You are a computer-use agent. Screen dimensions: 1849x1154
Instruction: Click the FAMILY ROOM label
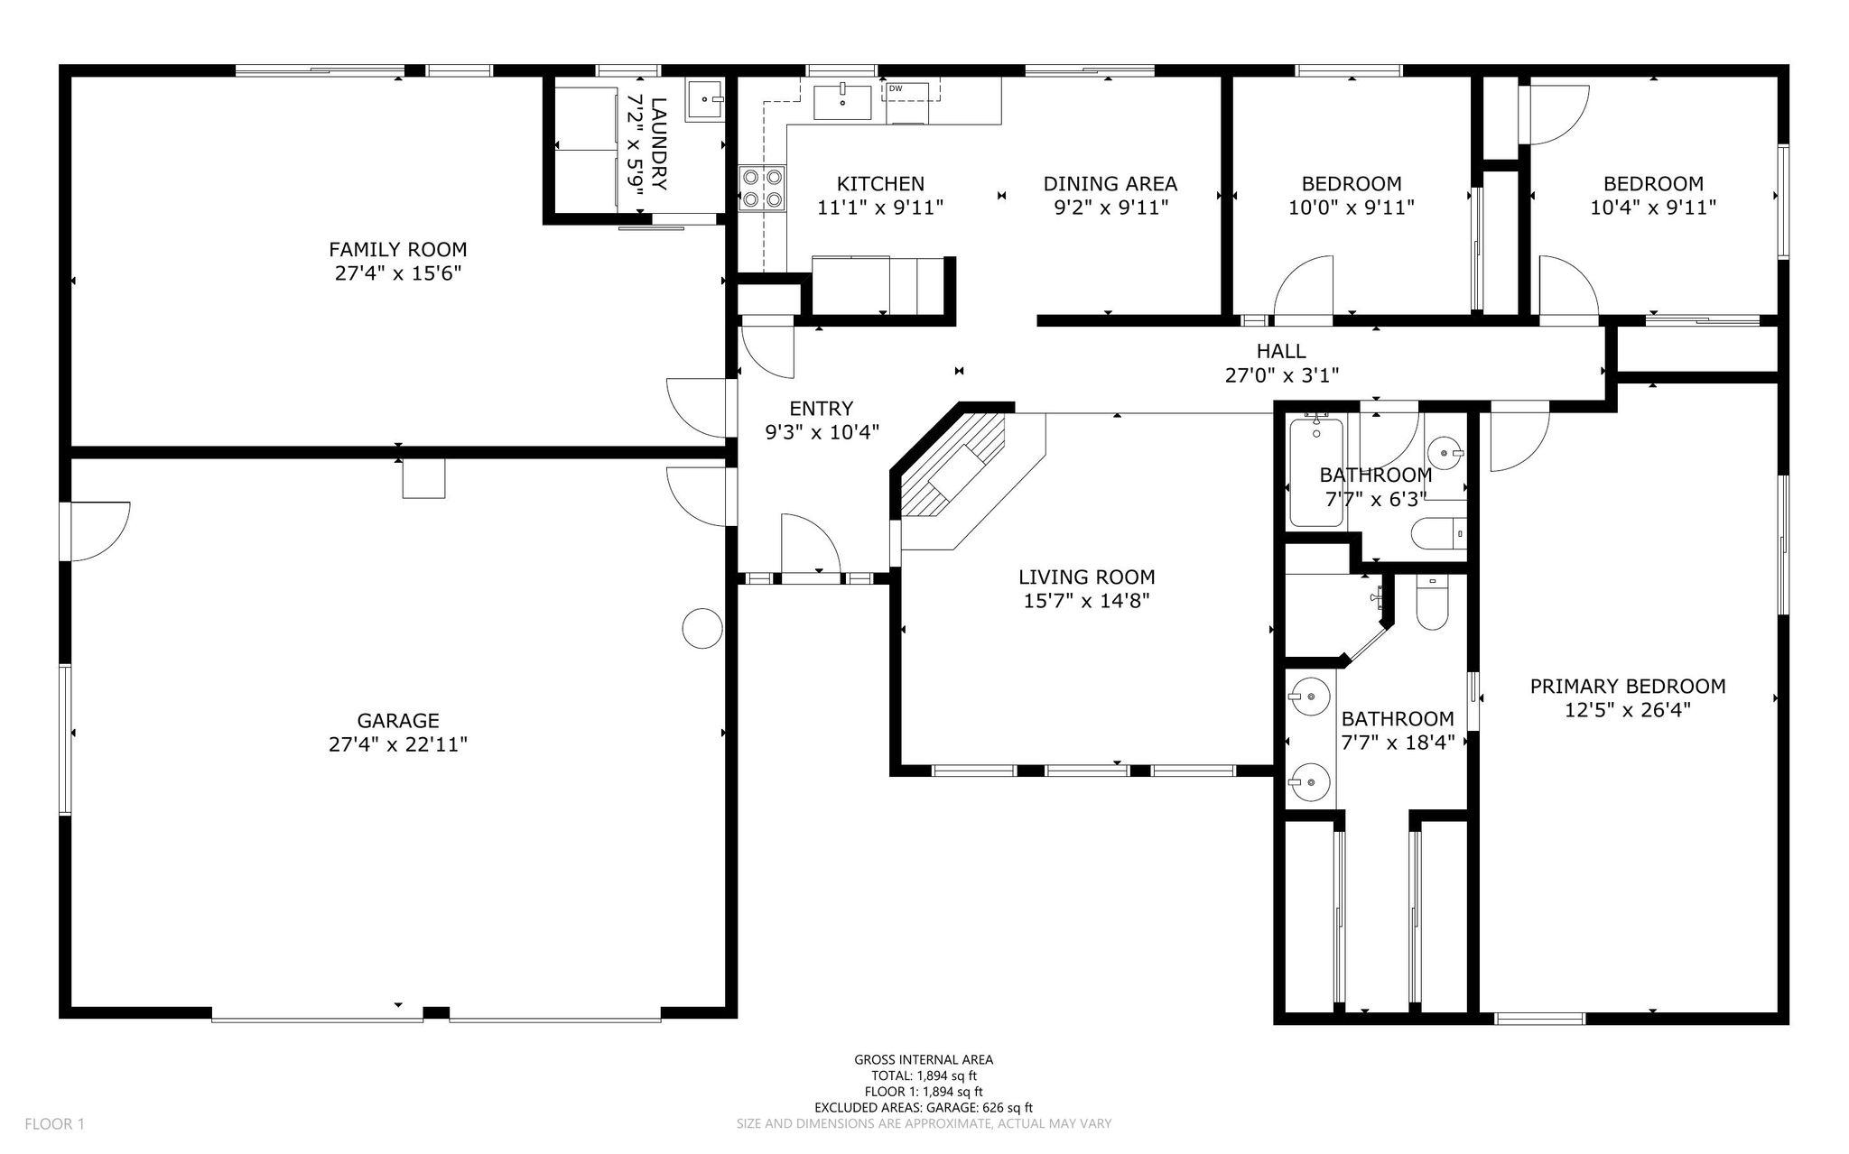pos(398,249)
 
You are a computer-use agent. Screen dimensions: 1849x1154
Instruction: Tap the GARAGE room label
pos(398,720)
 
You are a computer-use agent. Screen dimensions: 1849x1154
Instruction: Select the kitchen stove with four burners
pos(762,189)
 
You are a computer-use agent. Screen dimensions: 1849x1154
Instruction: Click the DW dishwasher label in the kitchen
pos(896,88)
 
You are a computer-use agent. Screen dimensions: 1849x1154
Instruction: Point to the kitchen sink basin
pos(843,102)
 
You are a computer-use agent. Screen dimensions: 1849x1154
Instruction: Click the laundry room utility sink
pos(705,99)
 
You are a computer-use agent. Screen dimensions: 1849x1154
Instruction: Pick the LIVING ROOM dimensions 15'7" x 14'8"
pos(1087,600)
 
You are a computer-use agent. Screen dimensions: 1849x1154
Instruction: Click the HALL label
pos(1281,351)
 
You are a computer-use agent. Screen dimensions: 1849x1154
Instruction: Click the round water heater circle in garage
pos(702,628)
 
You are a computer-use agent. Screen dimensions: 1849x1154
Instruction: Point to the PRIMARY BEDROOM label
pos(1628,687)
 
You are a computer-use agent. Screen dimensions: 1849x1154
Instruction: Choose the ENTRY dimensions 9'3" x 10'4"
pos(822,432)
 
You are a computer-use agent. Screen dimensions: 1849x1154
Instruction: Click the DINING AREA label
pos(1110,184)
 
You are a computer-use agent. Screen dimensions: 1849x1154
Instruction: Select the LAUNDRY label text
pos(658,144)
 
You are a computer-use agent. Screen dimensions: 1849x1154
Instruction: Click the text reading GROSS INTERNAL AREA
pos(924,1060)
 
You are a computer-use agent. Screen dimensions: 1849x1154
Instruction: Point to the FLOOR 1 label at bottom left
pos(54,1124)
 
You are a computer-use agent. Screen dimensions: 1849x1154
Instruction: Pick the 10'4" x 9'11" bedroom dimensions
pos(1653,207)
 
